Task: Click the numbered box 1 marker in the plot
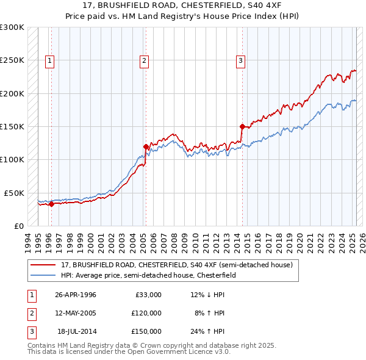point(49,60)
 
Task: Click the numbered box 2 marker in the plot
point(144,60)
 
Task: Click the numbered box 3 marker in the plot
point(240,60)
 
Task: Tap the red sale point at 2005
point(146,146)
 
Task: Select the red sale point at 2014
point(242,127)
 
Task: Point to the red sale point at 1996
point(51,204)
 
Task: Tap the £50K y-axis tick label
point(15,193)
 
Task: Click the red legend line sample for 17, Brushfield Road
point(43,265)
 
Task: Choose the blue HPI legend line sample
point(43,276)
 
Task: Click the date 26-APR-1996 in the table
point(76,295)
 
